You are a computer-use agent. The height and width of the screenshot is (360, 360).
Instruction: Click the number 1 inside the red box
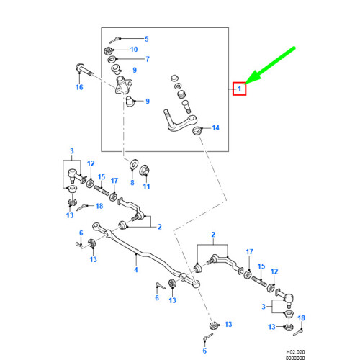(x=239, y=89)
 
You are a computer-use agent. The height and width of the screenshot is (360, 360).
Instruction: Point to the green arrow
(x=270, y=66)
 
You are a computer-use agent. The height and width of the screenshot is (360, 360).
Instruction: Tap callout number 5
(x=147, y=39)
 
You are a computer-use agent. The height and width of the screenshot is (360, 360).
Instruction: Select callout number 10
(x=134, y=50)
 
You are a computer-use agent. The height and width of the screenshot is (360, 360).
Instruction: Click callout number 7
(x=148, y=59)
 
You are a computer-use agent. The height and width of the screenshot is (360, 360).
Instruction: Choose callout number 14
(x=215, y=127)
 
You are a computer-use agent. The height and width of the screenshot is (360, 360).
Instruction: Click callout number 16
(x=79, y=87)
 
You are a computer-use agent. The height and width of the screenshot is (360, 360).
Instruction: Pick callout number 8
(x=132, y=182)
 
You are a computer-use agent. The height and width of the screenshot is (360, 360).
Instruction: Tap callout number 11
(x=146, y=186)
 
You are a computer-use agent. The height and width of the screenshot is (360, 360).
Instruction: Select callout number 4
(x=136, y=270)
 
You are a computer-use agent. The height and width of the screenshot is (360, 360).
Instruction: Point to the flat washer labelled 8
(x=133, y=164)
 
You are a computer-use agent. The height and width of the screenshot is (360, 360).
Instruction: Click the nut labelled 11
(x=145, y=170)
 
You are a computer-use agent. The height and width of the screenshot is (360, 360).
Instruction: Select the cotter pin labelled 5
(x=114, y=40)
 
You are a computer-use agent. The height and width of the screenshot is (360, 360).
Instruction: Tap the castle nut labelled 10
(x=108, y=51)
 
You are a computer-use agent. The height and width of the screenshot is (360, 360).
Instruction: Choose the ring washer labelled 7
(x=112, y=59)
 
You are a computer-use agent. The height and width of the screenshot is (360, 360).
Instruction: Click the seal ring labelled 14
(x=197, y=131)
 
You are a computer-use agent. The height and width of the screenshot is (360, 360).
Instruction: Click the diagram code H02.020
(x=295, y=352)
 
